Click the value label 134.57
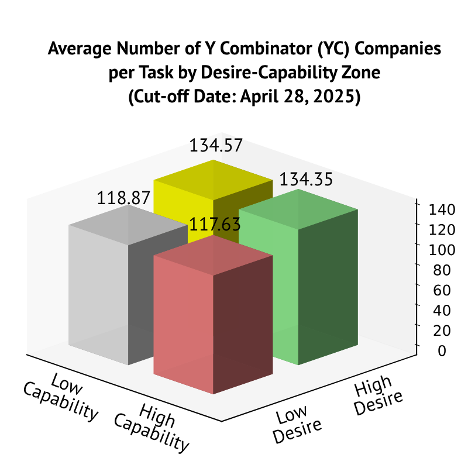point(216,146)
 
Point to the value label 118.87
point(123,198)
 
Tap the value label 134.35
point(306,180)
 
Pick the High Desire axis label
point(378,395)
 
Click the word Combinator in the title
point(241,49)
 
